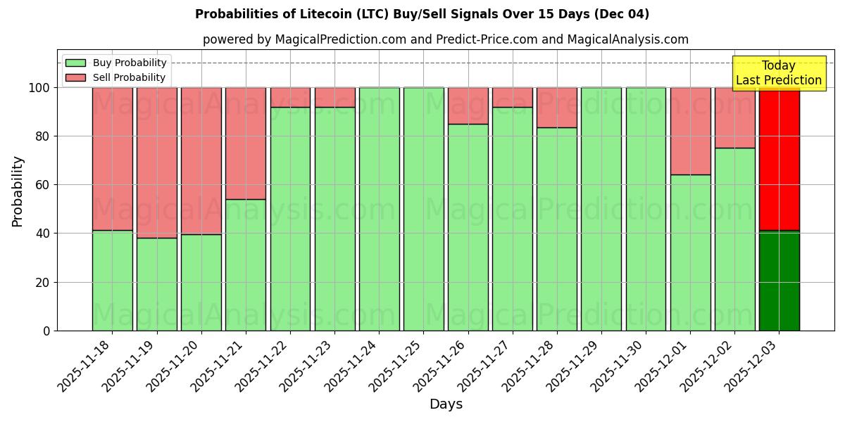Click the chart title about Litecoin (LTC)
422,14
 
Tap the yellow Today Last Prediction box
778,73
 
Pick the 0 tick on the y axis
46,331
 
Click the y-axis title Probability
18,191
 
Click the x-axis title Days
446,404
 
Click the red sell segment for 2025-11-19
156,162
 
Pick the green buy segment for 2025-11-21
245,265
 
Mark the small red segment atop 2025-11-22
290,97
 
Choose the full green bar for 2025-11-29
601,209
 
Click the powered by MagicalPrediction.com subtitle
445,40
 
